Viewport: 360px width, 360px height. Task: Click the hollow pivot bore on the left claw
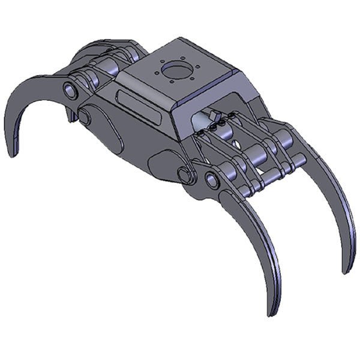[71, 91]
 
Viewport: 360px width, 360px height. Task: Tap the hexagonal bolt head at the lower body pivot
[184, 175]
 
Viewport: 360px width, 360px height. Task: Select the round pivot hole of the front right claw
[212, 179]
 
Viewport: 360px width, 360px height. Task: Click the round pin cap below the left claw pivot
[85, 116]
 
